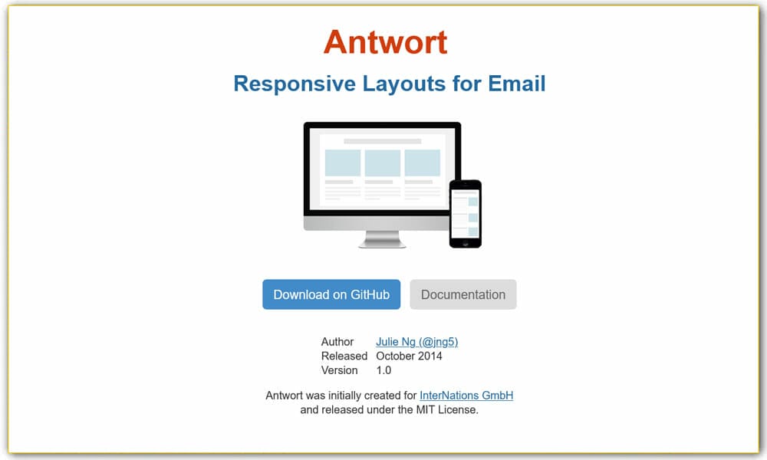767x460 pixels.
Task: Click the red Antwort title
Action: pos(385,41)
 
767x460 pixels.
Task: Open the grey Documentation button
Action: pos(463,294)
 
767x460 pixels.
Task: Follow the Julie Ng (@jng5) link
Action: pos(416,342)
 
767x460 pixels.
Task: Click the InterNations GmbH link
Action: pos(466,396)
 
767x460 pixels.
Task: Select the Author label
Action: pos(337,342)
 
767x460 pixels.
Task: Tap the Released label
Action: pos(344,356)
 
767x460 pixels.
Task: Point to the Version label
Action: pos(340,370)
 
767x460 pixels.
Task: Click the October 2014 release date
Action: pos(409,356)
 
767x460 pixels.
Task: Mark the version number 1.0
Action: pos(383,370)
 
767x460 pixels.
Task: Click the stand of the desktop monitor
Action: pos(382,239)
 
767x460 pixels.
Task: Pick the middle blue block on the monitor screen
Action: pos(382,163)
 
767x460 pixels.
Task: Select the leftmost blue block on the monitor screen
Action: pos(342,163)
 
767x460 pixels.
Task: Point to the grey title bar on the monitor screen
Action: pos(382,142)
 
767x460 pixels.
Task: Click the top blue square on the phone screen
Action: pos(473,202)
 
